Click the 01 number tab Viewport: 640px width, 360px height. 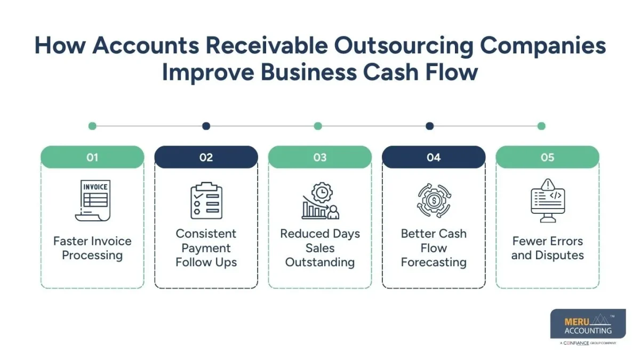tap(92, 157)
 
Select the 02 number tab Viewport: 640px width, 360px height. tap(206, 157)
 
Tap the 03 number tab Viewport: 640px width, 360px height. tap(320, 157)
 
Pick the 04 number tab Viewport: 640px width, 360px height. tap(434, 157)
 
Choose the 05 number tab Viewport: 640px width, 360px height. tap(547, 157)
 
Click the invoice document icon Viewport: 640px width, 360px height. tap(93, 201)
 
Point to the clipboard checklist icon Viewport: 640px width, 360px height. tap(206, 201)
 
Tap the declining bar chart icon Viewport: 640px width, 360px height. tap(320, 201)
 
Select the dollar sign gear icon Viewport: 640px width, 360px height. tap(434, 201)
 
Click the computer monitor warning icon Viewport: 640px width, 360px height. tap(548, 201)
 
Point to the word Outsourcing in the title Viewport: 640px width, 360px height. tap(403, 46)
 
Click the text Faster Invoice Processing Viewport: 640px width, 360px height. tap(92, 248)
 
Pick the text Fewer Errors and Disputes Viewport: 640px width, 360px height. tap(547, 248)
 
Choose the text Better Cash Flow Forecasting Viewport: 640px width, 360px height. tap(434, 248)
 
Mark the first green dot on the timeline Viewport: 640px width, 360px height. tap(92, 126)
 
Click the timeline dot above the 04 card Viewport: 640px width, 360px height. tap(429, 126)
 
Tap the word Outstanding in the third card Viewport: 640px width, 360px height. tap(320, 262)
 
